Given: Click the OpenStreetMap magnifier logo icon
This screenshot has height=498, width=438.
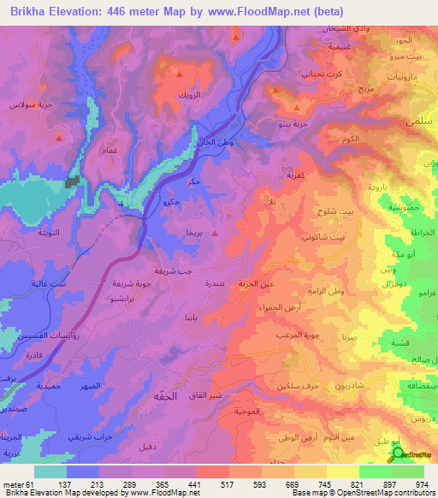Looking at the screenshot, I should (398, 454).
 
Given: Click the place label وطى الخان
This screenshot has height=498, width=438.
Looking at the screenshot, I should (215, 143).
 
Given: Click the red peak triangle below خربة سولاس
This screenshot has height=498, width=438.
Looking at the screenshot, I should (58, 137).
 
